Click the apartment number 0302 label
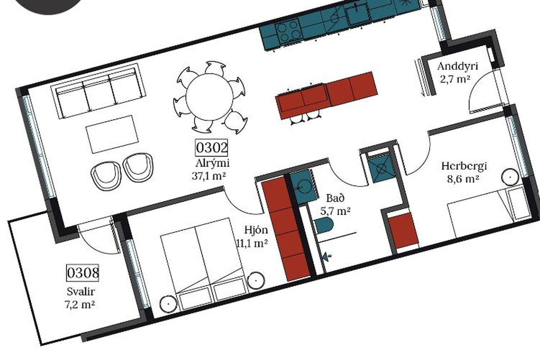pos(211,148)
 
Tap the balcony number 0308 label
pos(83,273)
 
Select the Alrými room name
pos(212,163)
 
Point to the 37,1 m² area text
pos(209,176)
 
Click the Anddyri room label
pos(458,66)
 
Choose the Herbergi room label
pos(464,166)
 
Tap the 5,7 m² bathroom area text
pos(335,211)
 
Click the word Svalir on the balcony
pos(81,292)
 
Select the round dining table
pos(209,97)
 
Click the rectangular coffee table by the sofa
pos(112,134)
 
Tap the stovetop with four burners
pos(289,32)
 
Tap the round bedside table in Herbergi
pos(510,177)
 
